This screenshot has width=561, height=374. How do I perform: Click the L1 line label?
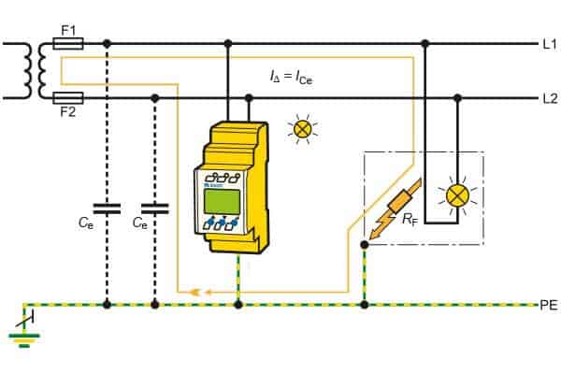coord(548,43)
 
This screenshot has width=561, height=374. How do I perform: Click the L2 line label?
coord(548,97)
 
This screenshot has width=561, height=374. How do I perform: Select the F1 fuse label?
coord(68,29)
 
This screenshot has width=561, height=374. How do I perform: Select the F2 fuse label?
coord(68,111)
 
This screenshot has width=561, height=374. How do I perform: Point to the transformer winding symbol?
coord(37,70)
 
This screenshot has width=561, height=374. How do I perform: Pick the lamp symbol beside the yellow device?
coord(302,129)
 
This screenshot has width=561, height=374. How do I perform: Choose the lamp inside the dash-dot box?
coord(457,194)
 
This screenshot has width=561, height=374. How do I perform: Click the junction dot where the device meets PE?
coord(240,305)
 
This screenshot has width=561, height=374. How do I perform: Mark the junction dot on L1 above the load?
coord(425,43)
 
